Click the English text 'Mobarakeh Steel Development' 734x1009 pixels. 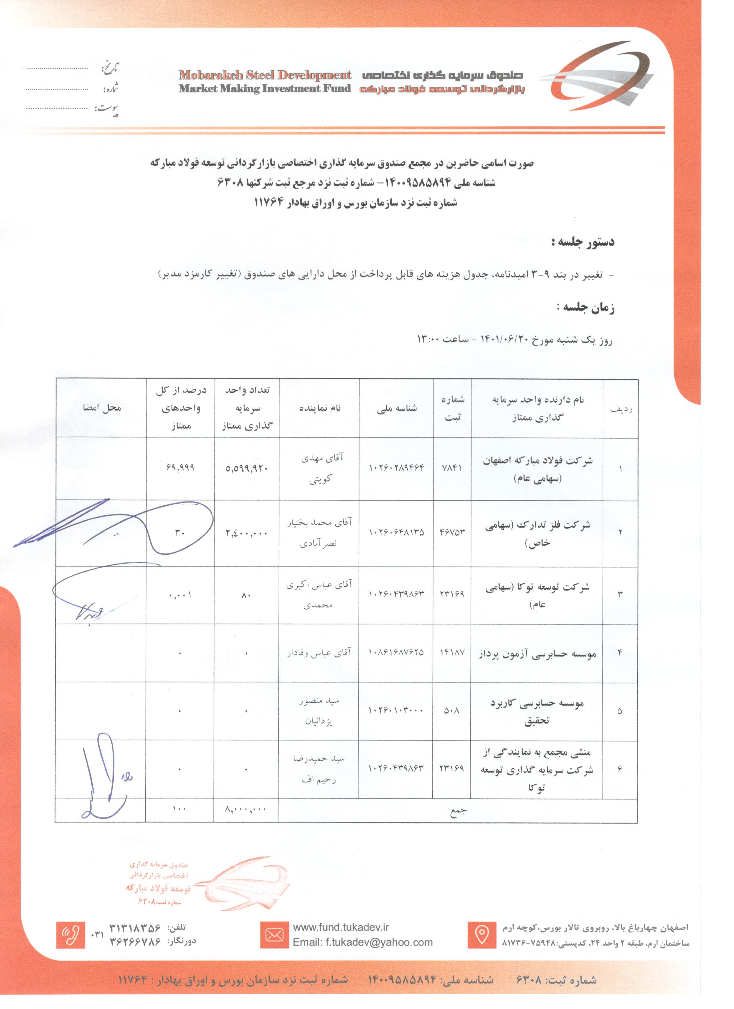point(265,75)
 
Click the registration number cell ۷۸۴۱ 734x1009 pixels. point(452,468)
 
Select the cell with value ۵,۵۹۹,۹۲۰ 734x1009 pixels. point(246,468)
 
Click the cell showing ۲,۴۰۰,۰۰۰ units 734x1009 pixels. point(246,533)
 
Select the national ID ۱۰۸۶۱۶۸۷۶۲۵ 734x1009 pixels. point(396,652)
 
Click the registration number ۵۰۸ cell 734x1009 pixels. point(452,710)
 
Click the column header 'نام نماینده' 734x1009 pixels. point(319,408)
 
